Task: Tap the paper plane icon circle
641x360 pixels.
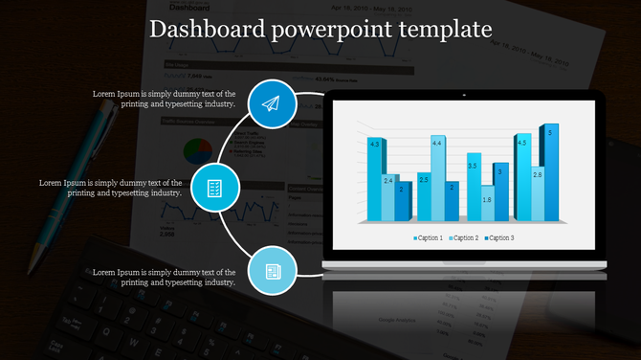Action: click(x=271, y=103)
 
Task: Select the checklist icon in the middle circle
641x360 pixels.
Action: click(x=215, y=188)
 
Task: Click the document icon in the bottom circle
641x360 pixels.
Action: click(x=272, y=272)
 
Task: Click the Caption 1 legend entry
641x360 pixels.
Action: click(x=428, y=237)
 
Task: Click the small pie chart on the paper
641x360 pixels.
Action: click(x=197, y=151)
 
